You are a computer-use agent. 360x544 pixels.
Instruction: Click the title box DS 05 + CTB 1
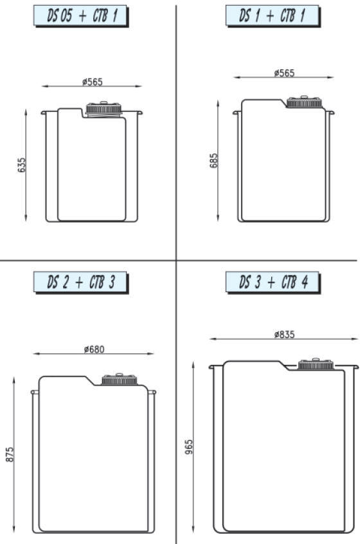[x=81, y=16]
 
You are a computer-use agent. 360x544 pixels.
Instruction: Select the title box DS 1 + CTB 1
[x=273, y=15]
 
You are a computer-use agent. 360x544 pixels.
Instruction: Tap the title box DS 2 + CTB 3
[x=81, y=283]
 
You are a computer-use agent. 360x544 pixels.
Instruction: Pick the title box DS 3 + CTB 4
[x=273, y=282]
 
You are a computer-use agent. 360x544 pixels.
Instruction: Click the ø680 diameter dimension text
[x=94, y=349]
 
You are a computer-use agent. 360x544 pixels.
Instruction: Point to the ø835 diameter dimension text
[x=284, y=334]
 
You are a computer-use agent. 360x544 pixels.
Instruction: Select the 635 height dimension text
[x=21, y=165]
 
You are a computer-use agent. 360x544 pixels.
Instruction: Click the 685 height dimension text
[x=213, y=161]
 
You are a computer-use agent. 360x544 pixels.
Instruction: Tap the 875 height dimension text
[x=10, y=454]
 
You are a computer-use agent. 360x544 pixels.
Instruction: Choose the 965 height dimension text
[x=188, y=447]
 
